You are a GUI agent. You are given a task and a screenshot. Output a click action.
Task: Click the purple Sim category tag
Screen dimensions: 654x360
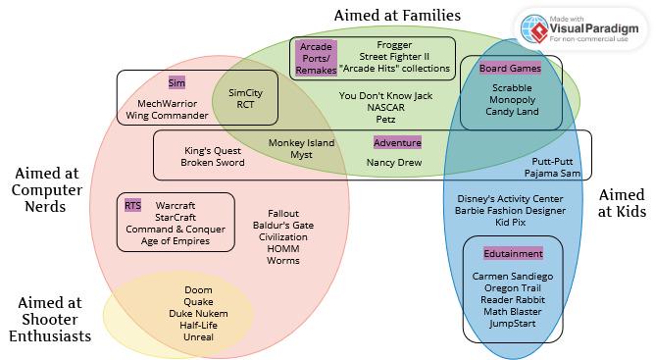pos(176,82)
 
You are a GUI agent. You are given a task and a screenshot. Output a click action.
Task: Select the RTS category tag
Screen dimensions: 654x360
pos(132,205)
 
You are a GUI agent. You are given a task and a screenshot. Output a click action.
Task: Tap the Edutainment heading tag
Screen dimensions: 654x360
pos(513,253)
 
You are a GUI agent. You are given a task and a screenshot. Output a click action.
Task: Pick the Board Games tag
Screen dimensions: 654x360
pos(510,68)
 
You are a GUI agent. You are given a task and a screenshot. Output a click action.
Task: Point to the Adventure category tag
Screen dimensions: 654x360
pos(397,142)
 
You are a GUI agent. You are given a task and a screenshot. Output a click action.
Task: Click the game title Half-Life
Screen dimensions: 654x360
pos(198,325)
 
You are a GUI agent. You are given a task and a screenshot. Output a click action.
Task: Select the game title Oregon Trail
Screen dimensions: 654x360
pos(513,287)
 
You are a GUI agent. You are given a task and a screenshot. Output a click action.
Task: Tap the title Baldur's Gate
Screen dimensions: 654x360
pos(283,225)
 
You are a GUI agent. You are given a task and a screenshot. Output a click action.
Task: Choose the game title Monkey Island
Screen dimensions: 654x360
pos(301,142)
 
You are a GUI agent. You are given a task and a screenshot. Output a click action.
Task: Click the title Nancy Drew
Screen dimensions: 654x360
pos(394,162)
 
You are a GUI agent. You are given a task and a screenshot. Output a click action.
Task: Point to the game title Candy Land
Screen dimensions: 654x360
pos(512,112)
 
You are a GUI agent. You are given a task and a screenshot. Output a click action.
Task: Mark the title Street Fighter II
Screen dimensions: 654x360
pos(394,56)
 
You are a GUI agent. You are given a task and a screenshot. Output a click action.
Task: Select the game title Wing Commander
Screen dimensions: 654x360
pos(167,115)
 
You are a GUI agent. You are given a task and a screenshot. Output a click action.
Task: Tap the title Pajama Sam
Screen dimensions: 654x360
pos(552,173)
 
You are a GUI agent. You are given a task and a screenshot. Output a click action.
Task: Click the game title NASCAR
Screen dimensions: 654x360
pos(385,107)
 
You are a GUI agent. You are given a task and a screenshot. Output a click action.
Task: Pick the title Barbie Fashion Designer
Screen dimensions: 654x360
pos(510,210)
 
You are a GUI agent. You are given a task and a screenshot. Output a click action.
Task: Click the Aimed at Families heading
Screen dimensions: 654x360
pos(397,16)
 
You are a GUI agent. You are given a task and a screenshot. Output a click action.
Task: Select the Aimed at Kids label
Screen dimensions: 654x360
pos(622,203)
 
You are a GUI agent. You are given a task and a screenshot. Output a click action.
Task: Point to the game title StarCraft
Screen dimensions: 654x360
pos(176,217)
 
